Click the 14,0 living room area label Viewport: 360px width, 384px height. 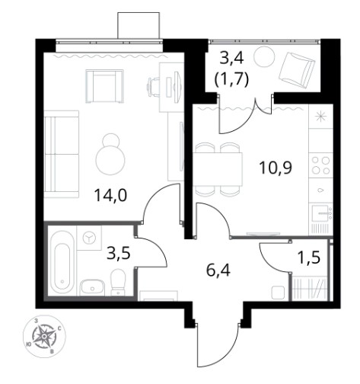[110, 196]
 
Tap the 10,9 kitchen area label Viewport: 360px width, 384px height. [276, 168]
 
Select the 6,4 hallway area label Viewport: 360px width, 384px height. [218, 270]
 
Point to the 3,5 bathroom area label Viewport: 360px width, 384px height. [119, 254]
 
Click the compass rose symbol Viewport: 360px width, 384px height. [44, 336]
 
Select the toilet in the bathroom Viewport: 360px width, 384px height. [118, 283]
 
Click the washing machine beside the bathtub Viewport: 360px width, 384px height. [89, 238]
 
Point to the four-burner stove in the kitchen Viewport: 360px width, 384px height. [320, 165]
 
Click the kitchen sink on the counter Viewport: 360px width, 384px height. [321, 213]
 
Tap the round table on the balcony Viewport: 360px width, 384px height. [265, 56]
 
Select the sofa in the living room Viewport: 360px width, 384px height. [62, 154]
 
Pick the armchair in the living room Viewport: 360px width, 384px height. [105, 86]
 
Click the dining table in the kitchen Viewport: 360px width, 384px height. [218, 169]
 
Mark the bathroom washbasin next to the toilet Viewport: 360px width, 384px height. [92, 287]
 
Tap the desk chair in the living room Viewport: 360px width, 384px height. [153, 88]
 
